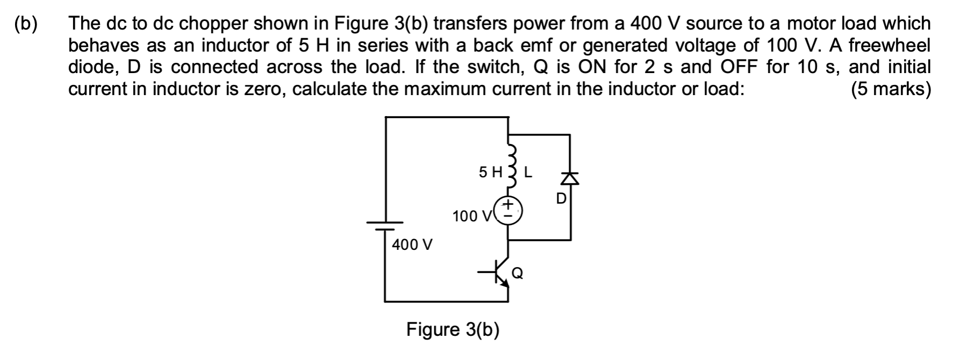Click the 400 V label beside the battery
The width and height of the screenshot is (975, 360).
pyautogui.click(x=412, y=245)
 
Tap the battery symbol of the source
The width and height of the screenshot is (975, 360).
pyautogui.click(x=385, y=226)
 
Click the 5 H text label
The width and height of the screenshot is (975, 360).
pyautogui.click(x=490, y=172)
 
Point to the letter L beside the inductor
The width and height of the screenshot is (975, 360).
pyautogui.click(x=528, y=172)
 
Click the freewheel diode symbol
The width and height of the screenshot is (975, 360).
pyautogui.click(x=570, y=179)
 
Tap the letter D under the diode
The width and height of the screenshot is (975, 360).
pyautogui.click(x=561, y=199)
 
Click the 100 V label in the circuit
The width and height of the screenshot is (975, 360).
pyautogui.click(x=471, y=217)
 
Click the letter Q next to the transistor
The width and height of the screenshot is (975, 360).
pyautogui.click(x=517, y=273)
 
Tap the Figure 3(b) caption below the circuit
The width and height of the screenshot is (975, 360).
pyautogui.click(x=453, y=329)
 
